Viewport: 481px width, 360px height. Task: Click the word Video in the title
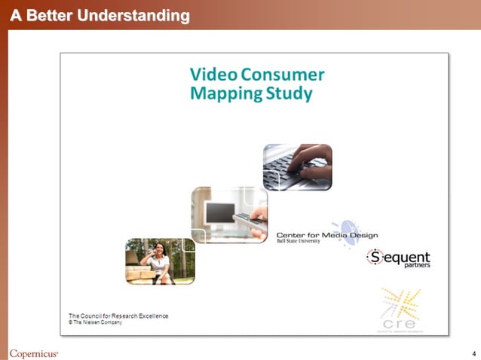pos(213,75)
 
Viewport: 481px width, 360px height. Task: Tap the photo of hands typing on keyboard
pos(297,166)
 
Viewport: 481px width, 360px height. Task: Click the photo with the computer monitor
pos(229,214)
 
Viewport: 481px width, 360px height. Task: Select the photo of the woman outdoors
pos(160,261)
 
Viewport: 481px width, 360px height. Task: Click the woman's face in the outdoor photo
pos(159,248)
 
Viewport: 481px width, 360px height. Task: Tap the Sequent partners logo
pos(398,258)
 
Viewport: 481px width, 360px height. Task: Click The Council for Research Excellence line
pos(118,315)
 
